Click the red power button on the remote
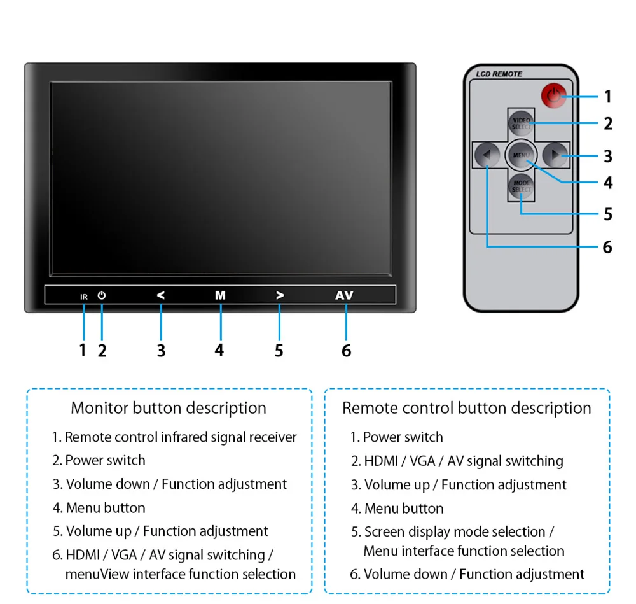(554, 96)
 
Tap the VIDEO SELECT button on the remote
(522, 123)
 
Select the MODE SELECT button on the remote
(522, 186)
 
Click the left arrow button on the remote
(487, 155)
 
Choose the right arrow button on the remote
(555, 155)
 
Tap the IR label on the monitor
(84, 297)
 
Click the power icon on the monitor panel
(101, 295)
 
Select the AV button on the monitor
(344, 295)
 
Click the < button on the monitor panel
(161, 295)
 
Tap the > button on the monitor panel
(280, 295)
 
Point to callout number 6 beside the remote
(607, 247)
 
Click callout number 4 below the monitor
(219, 350)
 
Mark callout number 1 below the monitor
(83, 350)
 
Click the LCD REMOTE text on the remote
(499, 74)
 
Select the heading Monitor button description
(169, 408)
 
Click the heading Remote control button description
(467, 408)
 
